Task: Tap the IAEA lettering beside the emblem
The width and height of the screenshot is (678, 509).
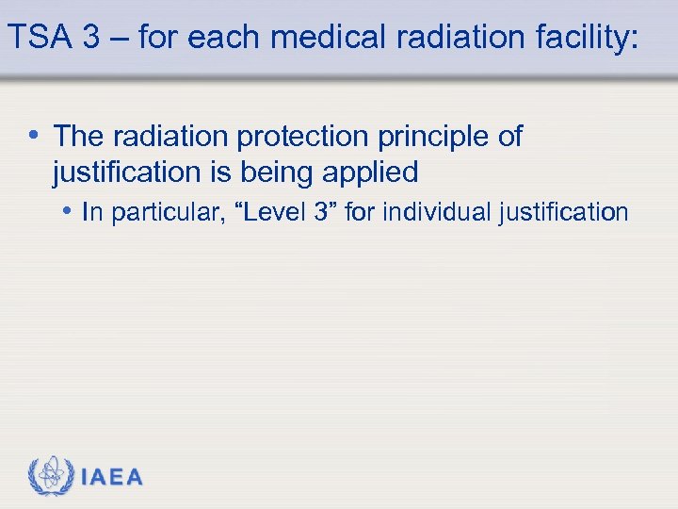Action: pyautogui.click(x=112, y=478)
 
